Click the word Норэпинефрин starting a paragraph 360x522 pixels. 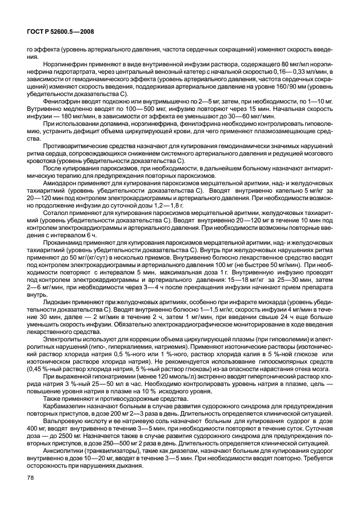click(x=70, y=64)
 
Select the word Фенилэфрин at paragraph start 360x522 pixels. click(x=66, y=101)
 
